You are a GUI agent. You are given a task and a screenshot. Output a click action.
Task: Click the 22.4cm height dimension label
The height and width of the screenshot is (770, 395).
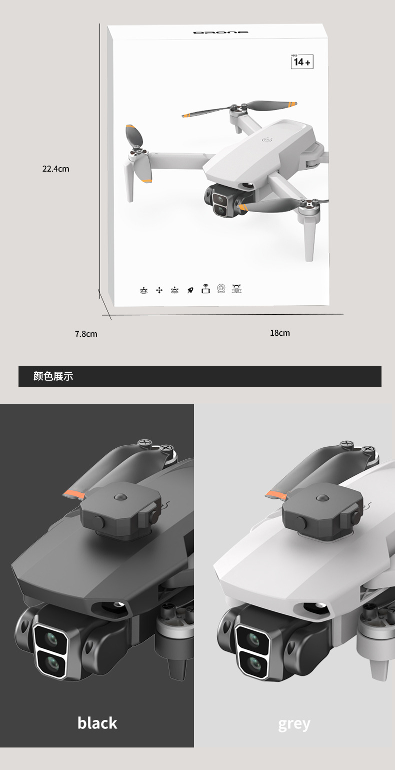[55, 169]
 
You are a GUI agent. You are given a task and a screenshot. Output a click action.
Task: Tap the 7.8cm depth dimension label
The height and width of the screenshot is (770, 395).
[86, 334]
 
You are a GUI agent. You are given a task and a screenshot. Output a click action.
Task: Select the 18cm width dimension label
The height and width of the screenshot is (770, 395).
[280, 333]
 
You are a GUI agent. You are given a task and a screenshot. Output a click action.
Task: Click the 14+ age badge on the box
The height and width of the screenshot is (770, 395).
[302, 62]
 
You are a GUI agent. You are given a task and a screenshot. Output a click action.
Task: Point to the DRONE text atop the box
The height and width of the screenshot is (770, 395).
[220, 33]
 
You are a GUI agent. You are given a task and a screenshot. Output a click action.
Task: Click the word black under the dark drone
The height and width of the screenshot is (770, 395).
[97, 722]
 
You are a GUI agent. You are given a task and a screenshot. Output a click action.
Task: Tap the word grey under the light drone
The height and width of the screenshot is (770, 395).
[294, 723]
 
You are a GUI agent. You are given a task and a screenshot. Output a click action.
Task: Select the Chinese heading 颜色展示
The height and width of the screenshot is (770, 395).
[53, 376]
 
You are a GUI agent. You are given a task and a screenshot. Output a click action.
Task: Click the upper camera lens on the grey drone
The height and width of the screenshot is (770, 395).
[254, 638]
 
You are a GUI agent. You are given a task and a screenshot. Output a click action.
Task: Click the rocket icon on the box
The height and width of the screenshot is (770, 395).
[190, 290]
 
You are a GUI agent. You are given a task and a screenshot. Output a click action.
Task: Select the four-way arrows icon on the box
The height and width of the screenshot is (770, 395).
[159, 290]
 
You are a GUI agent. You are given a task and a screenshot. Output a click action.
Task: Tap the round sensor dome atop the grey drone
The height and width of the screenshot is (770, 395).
[321, 497]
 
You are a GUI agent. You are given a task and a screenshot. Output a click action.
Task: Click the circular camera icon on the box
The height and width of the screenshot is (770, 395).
[221, 289]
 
